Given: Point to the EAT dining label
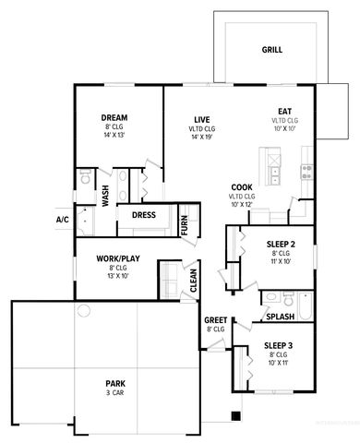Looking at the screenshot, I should tap(285, 112).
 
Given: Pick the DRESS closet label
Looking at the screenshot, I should tap(143, 216).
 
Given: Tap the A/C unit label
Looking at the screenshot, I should tap(63, 220).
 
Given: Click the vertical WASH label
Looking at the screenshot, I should tap(105, 196).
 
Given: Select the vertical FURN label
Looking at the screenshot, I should tap(186, 225).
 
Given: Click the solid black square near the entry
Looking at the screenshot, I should tap(235, 415).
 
